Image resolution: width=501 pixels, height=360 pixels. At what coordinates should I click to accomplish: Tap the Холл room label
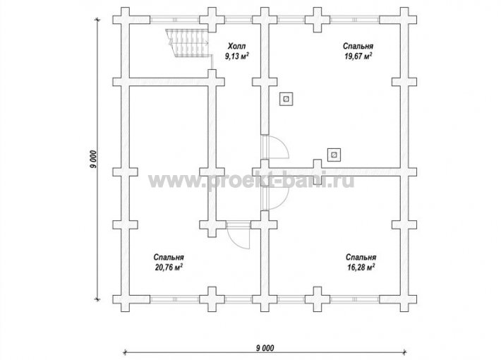pos(237,46)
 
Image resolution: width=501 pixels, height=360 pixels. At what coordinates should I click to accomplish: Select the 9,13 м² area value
pos(237,56)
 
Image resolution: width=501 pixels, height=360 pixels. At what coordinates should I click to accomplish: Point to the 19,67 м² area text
pos(358,56)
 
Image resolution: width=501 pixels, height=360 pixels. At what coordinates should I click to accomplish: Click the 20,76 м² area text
pos(169,267)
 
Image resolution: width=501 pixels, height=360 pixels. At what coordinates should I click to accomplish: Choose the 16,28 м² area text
pos(361,267)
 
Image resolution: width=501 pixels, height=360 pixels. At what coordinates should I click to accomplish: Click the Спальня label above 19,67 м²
pos(358,46)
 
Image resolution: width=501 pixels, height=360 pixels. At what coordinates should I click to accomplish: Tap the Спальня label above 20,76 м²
pos(169,258)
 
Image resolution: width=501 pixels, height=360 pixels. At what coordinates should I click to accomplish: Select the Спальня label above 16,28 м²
pos(361,258)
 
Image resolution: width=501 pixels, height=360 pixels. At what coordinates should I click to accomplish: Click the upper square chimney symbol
pos(286,99)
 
